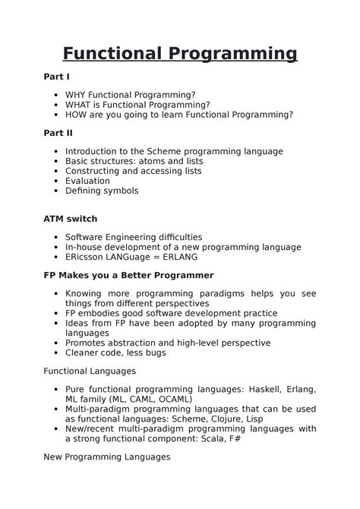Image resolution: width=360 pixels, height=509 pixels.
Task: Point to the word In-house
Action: (84, 247)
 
